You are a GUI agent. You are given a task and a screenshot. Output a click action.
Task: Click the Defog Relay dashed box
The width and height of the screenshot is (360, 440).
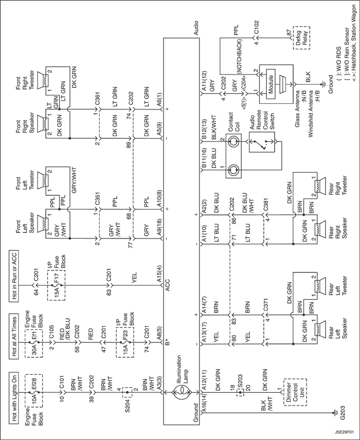(301, 38)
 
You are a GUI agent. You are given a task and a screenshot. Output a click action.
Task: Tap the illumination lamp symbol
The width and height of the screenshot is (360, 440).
(182, 392)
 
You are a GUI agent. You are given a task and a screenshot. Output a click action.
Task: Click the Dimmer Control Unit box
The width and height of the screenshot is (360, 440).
(295, 392)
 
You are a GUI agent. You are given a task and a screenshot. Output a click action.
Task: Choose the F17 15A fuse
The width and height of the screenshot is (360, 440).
(57, 285)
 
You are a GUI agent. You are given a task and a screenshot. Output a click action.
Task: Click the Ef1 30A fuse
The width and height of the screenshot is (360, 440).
(34, 342)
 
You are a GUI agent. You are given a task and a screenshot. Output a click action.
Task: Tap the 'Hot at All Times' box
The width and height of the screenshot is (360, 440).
(14, 337)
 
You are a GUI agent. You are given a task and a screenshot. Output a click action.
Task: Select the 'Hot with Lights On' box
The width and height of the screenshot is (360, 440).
(14, 398)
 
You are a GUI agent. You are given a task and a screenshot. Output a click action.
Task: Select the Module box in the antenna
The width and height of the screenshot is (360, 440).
(271, 84)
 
